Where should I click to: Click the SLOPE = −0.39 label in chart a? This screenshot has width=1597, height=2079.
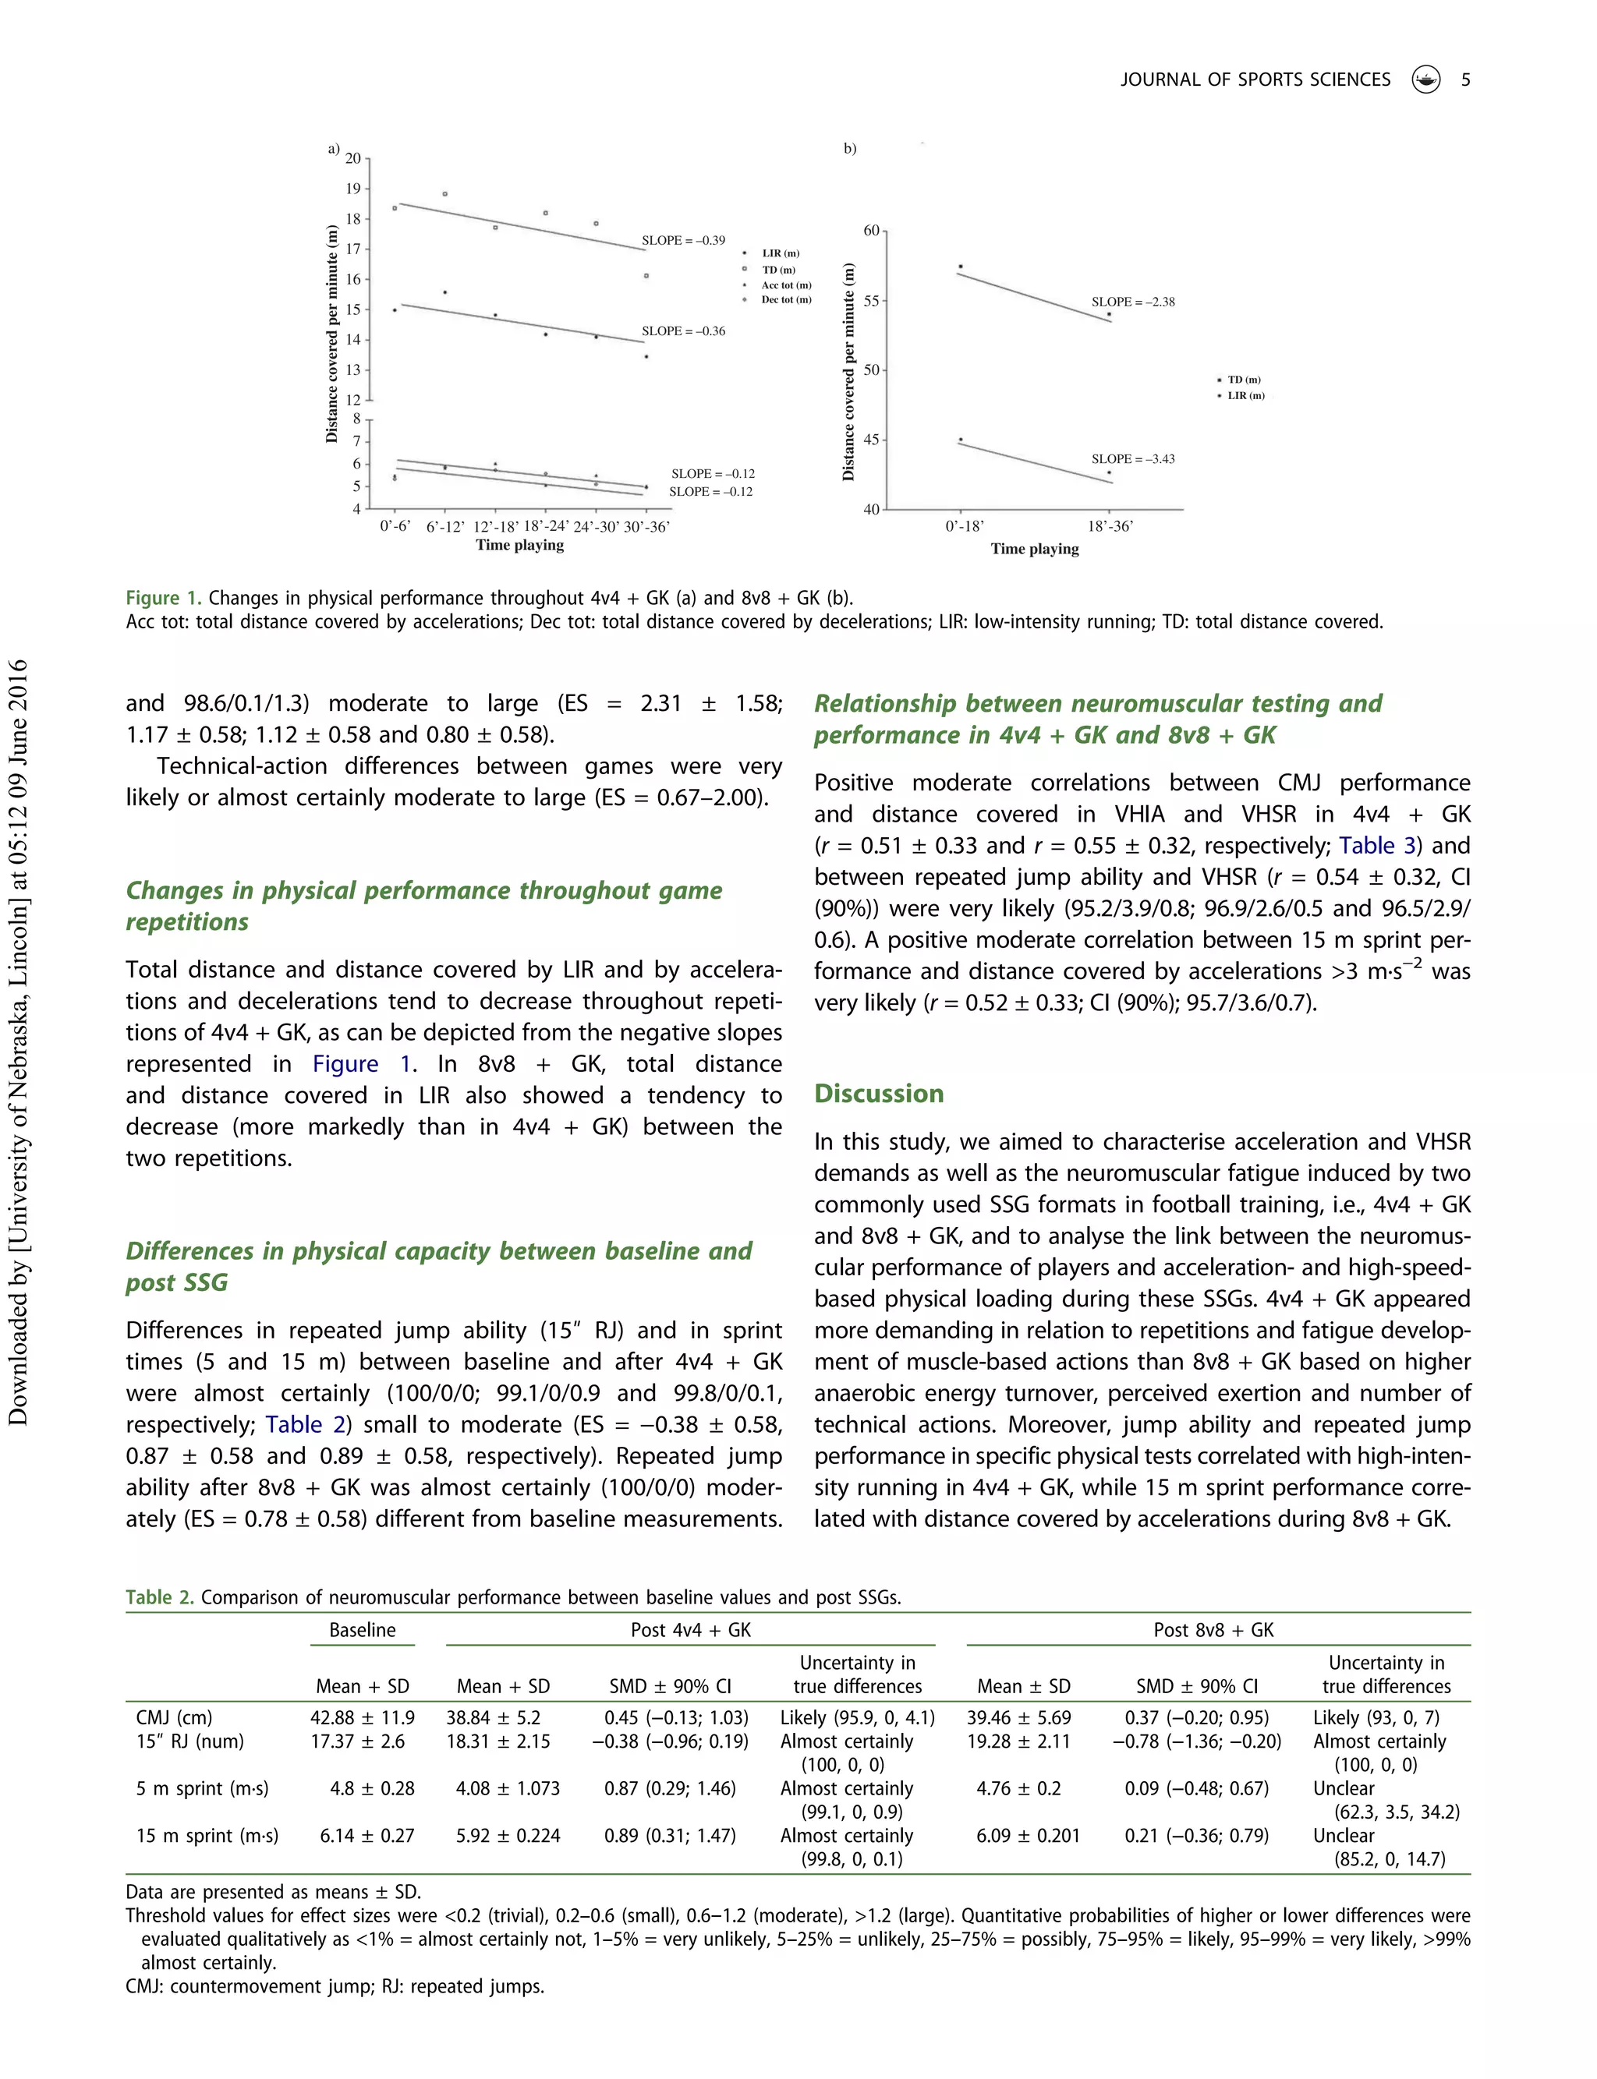(x=682, y=240)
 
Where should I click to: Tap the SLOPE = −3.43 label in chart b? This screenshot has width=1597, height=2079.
(x=1132, y=459)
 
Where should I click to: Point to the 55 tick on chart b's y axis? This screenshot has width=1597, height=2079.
(x=872, y=300)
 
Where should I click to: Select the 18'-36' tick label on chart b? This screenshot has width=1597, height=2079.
(x=1110, y=526)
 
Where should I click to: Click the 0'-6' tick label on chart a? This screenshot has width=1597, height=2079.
(x=395, y=525)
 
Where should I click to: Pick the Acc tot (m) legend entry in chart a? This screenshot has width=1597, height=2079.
(x=785, y=285)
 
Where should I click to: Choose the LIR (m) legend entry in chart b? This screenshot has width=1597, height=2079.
(x=1245, y=395)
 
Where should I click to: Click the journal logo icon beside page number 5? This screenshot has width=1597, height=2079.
(x=1426, y=80)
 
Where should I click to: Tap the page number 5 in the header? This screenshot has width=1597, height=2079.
(x=1465, y=80)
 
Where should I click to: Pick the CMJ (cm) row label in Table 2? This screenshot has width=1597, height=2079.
(x=174, y=1717)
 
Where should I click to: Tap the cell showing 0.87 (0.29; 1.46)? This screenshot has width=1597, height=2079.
(x=669, y=1788)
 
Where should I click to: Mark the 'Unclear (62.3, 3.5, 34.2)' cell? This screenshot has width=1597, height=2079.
(x=1385, y=1800)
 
